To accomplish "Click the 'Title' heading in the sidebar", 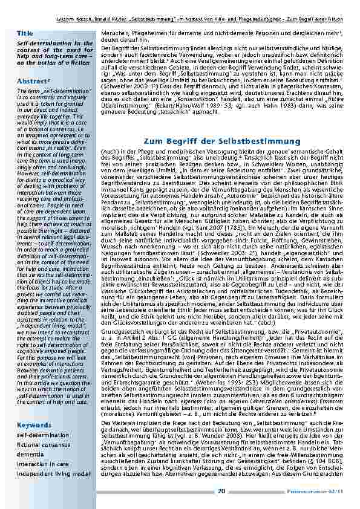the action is click(x=26, y=33).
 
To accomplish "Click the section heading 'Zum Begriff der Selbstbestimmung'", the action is click(x=223, y=141).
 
